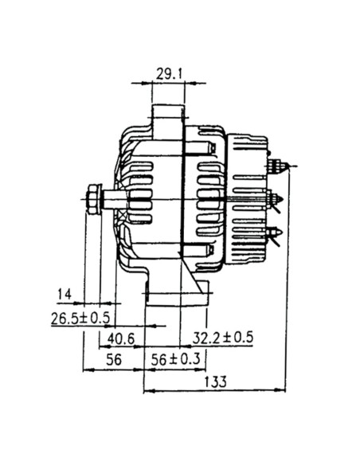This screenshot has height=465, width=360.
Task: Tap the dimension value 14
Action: (x=65, y=295)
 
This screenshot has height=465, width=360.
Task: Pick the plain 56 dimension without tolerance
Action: (x=113, y=360)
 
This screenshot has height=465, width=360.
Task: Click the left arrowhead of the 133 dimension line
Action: (x=146, y=391)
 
